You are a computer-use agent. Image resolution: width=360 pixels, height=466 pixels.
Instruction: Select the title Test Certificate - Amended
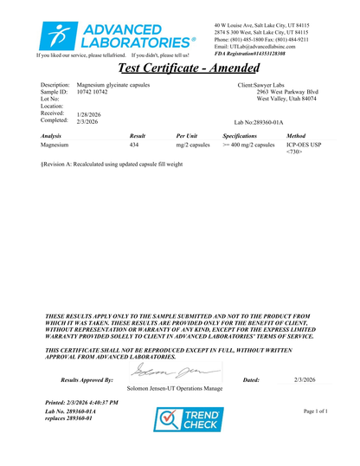click(x=179, y=68)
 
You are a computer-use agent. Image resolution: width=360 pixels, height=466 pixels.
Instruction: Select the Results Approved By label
click(x=87, y=380)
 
